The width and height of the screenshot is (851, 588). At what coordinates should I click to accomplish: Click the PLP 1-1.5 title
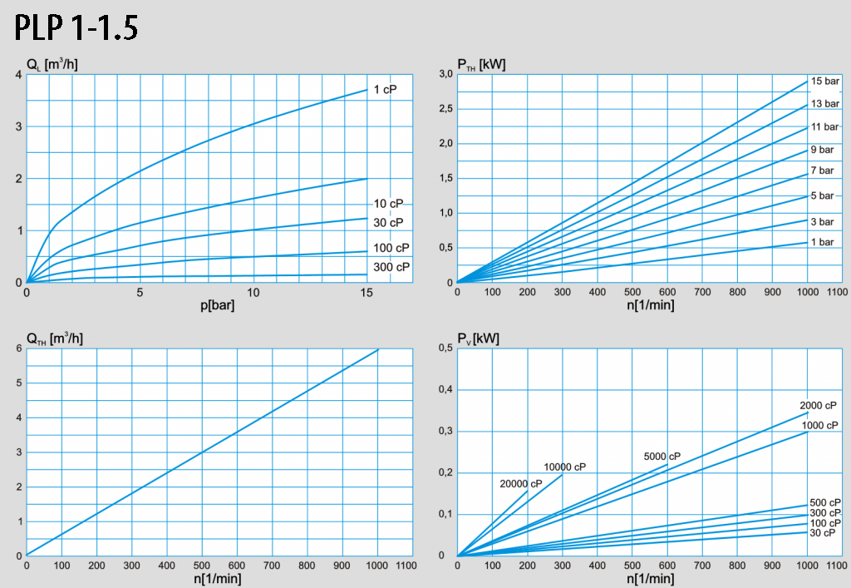(x=76, y=28)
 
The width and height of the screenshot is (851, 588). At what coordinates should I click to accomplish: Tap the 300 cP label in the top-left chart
(x=391, y=267)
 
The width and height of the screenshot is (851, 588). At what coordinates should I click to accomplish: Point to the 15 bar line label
(x=825, y=82)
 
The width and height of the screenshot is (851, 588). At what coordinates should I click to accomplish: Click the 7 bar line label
(x=822, y=170)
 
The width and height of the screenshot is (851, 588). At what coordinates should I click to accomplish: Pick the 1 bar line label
(x=822, y=242)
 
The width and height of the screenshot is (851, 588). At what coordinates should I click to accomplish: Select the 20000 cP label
(x=521, y=484)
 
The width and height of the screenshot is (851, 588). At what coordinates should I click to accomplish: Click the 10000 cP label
(x=565, y=467)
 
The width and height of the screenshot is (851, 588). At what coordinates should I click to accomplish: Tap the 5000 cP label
(x=662, y=457)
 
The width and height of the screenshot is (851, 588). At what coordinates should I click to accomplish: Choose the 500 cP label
(x=825, y=502)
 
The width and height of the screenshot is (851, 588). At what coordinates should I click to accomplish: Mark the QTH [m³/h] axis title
(x=54, y=338)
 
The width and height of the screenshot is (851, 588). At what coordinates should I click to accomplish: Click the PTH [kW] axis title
(x=482, y=64)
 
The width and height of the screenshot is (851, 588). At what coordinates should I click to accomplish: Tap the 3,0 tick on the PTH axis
(x=445, y=75)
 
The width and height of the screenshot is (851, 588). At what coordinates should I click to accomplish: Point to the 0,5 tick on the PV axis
(x=445, y=348)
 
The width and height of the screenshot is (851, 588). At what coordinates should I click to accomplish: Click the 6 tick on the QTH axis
(x=18, y=348)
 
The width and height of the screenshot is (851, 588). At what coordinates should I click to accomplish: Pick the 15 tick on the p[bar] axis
(x=366, y=293)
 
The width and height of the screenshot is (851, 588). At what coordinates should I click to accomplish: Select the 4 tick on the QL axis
(x=18, y=75)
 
